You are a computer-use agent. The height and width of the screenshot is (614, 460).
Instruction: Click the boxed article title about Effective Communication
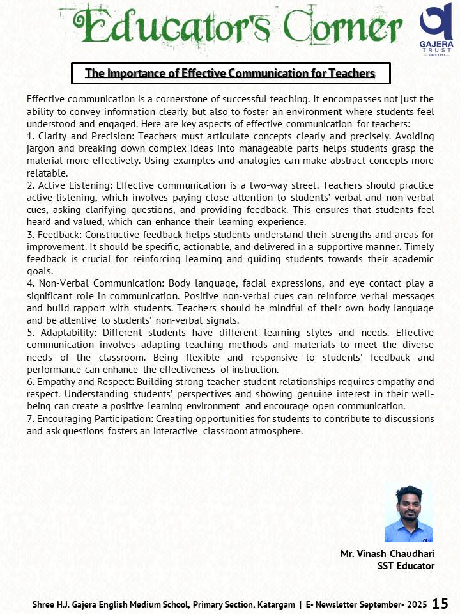click(230, 74)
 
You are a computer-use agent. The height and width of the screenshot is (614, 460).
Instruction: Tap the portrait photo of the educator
click(409, 514)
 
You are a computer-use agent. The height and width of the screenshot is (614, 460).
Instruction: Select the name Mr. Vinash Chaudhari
click(387, 554)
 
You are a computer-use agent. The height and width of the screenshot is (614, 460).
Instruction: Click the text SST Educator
click(406, 565)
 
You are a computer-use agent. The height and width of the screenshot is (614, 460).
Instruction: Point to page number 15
click(440, 604)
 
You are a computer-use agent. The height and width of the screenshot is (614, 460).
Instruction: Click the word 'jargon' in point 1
click(42, 148)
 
